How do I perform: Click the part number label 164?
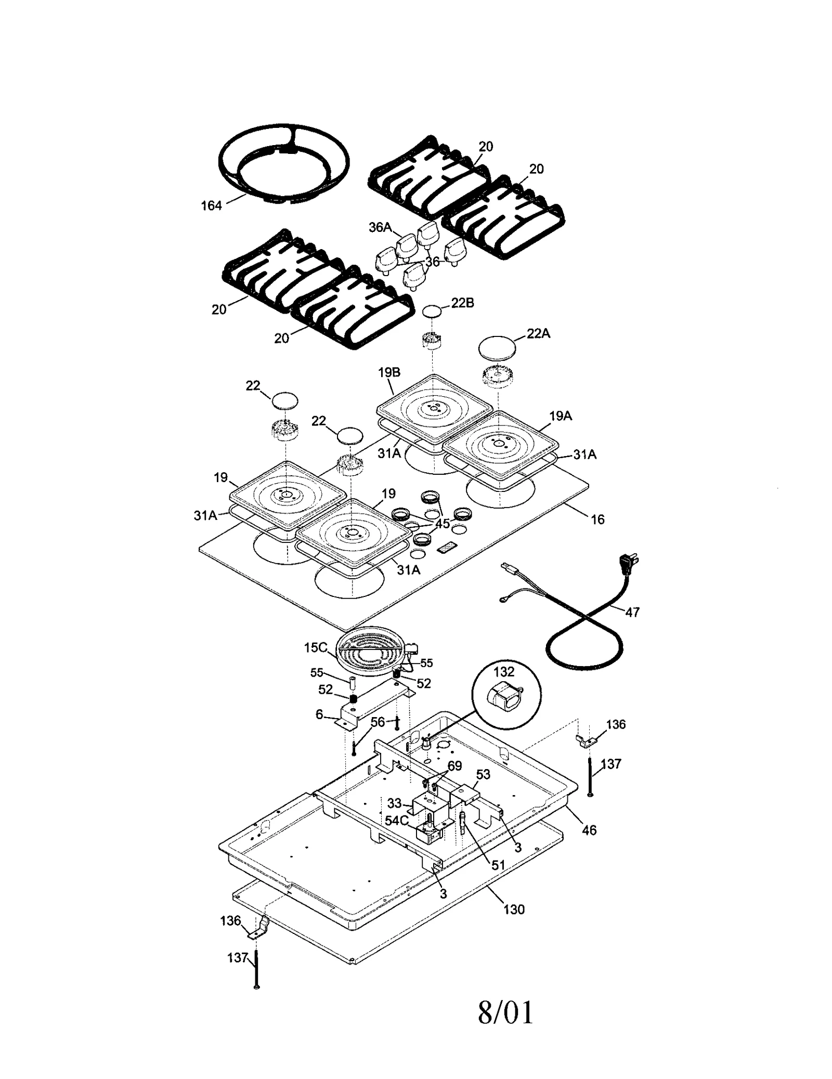[211, 206]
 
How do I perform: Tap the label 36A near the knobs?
[380, 227]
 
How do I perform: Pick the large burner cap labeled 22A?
[497, 346]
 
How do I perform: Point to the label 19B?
[389, 372]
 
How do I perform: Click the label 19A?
[561, 415]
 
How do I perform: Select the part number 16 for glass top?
[597, 519]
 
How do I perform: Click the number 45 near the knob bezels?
[443, 524]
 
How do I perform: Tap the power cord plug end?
[628, 564]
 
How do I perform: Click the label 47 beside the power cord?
[632, 612]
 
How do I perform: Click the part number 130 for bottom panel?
[514, 909]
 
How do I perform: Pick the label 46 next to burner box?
[589, 830]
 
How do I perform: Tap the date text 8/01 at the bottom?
[505, 1012]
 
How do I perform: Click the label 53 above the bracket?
[483, 774]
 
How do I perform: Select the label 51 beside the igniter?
[498, 865]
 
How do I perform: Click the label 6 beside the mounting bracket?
[319, 714]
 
